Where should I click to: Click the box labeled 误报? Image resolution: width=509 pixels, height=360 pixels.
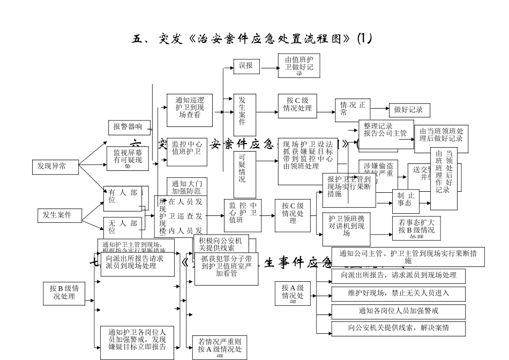246,66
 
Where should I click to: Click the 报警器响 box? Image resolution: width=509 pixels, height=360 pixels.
129,127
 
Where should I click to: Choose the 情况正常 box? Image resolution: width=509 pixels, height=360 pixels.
353,109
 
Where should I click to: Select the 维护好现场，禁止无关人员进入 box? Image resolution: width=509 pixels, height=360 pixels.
398,293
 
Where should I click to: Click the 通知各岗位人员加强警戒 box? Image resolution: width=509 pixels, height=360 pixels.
398,311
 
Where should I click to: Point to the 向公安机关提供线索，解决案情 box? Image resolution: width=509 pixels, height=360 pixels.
398,328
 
